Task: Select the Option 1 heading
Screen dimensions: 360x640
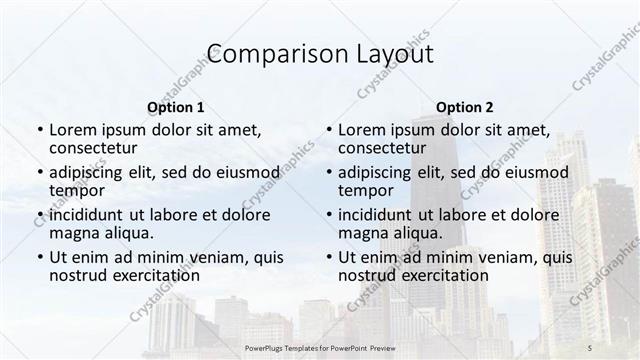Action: pyautogui.click(x=175, y=107)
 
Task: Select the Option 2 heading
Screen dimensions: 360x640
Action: pyautogui.click(x=465, y=107)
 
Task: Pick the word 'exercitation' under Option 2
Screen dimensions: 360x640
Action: pyautogui.click(x=443, y=275)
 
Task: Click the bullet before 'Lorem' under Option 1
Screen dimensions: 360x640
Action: pyautogui.click(x=39, y=130)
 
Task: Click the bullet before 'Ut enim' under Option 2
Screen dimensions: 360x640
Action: pyautogui.click(x=328, y=257)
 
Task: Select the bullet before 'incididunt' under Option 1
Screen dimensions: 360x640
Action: pyautogui.click(x=39, y=214)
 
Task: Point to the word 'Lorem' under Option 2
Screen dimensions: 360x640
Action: pyautogui.click(x=362, y=129)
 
